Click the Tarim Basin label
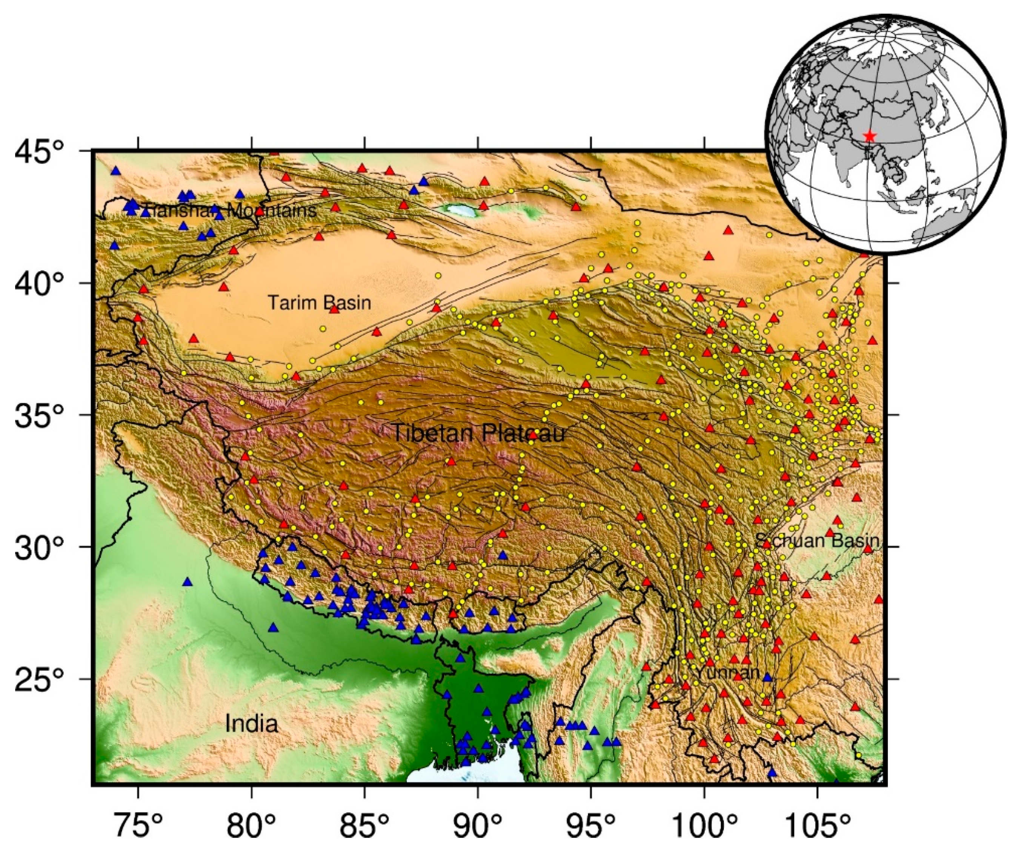click(x=320, y=303)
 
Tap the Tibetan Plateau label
click(x=478, y=433)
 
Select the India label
click(x=252, y=724)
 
